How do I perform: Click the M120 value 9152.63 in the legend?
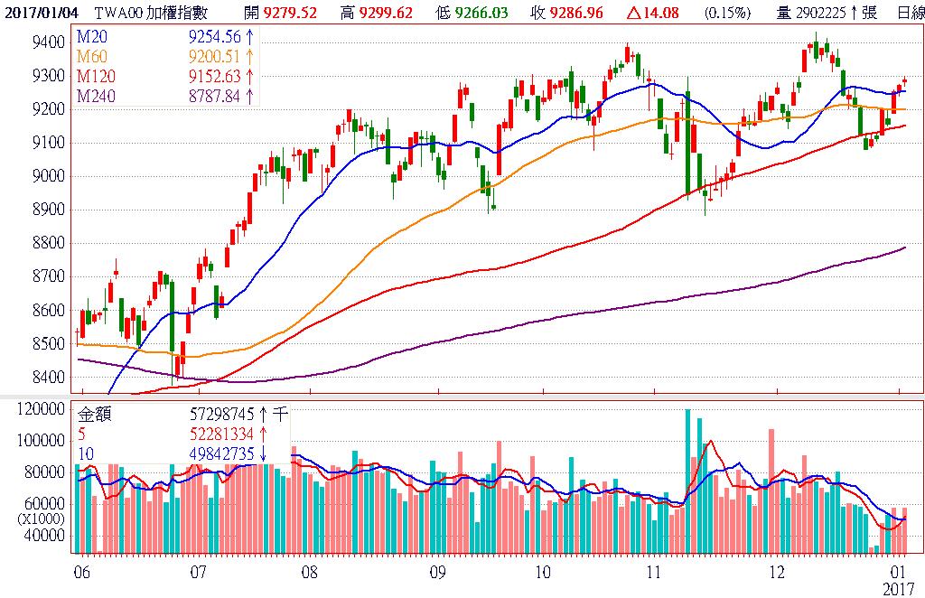click(214, 77)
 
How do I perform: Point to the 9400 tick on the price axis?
click(47, 42)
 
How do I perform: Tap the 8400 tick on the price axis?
click(47, 377)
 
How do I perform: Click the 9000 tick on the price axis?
click(47, 176)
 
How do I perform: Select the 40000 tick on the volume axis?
click(45, 535)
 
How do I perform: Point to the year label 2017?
click(898, 588)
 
